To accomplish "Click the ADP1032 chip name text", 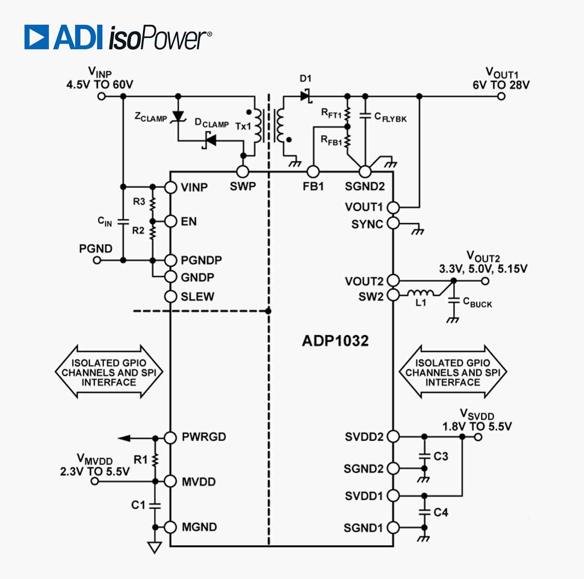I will coord(335,341).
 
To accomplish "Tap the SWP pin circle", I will coord(242,172).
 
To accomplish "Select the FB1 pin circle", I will coord(313,172).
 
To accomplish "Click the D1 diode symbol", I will coord(306,95).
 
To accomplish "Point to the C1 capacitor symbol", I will coord(155,505).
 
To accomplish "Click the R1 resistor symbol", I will coord(155,460).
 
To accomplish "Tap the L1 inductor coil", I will coord(421,293).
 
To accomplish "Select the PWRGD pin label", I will coord(204,437).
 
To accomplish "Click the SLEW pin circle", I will coord(171,296).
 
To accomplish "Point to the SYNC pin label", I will coord(367,224).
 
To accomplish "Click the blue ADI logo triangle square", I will coord(36,37).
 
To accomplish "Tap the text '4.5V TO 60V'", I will coord(100,84).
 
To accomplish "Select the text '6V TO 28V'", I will coord(501,85).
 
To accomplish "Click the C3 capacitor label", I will coord(441,456).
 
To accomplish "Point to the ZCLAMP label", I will coord(150,117).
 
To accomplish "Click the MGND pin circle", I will coord(171,527).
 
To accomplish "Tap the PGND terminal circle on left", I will coord(97,260).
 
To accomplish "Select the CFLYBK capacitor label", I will coord(390,117).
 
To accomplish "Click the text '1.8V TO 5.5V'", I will coord(477,426).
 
